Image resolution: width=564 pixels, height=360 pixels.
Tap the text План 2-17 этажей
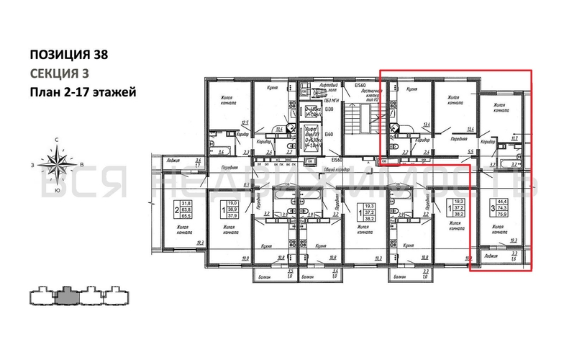[82, 91]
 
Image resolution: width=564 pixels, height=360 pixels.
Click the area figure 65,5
[185, 215]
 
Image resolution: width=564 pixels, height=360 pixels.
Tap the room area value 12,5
[245, 122]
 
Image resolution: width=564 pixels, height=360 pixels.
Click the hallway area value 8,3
[246, 186]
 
